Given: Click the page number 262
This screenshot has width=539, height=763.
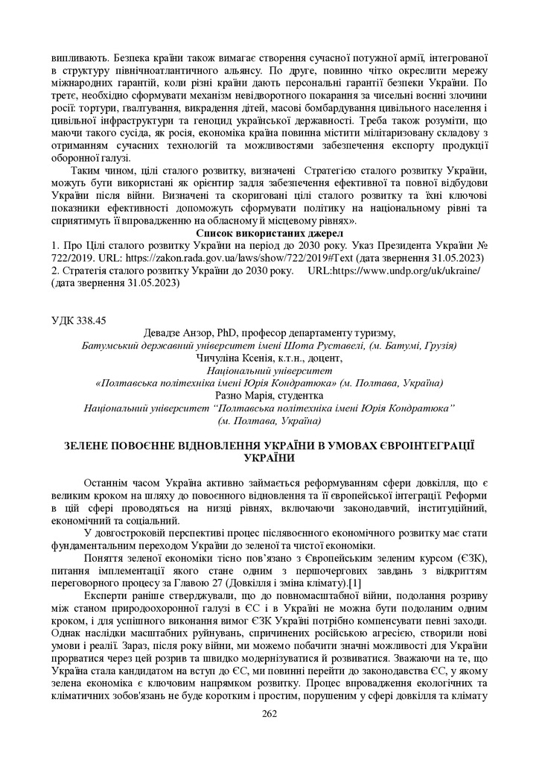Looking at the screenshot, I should [x=269, y=714].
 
